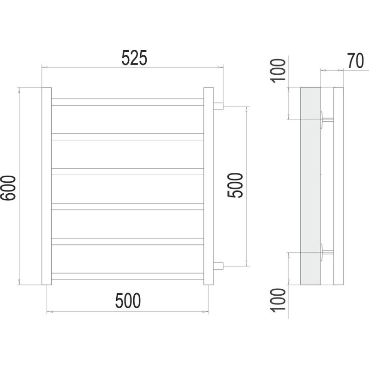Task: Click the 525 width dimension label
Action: pos(134,58)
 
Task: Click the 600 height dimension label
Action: pos(8,188)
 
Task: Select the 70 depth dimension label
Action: pos(356,61)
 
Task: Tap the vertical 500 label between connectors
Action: pos(235,185)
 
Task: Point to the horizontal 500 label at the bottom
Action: pos(128,301)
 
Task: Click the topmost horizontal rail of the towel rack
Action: pos(128,102)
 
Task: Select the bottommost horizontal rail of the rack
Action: pos(128,276)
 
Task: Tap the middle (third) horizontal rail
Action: pos(128,172)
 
